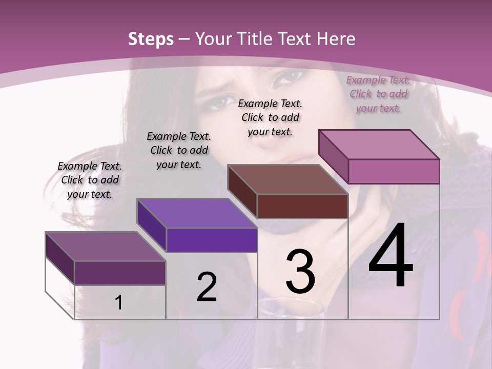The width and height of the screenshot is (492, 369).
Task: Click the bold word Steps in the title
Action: coord(151,39)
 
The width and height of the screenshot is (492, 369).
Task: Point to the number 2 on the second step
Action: coord(207,287)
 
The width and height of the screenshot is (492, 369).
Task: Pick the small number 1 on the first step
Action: coord(118,303)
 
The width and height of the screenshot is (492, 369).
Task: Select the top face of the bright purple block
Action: coord(197,213)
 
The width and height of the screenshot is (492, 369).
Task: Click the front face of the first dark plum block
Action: coord(120,273)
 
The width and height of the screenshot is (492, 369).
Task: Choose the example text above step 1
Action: coord(90,180)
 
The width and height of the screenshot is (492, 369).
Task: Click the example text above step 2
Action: coord(179,150)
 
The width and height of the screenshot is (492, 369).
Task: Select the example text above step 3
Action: coord(270,117)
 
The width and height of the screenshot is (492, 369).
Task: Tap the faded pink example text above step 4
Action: coord(378,94)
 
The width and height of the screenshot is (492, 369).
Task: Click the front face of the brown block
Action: coord(302,206)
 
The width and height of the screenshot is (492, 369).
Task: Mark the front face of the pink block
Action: coord(394,171)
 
